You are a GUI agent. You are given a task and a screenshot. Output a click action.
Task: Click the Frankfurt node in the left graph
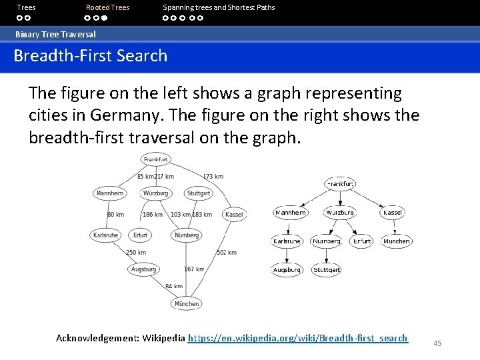click(x=156, y=159)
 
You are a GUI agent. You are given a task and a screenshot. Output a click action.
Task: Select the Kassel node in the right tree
click(x=393, y=213)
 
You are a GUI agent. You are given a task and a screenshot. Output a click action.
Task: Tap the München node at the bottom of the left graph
click(x=186, y=303)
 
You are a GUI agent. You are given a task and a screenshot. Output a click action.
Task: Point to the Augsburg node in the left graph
click(x=144, y=269)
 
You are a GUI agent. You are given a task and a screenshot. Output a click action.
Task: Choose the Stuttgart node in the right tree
click(x=327, y=270)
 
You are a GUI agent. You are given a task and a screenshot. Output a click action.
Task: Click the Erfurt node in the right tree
click(x=361, y=241)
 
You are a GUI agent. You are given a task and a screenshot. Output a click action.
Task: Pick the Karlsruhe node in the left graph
click(x=106, y=235)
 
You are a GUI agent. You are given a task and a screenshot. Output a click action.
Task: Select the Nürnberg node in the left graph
click(x=186, y=235)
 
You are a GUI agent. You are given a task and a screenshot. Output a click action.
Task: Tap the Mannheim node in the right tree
click(x=291, y=213)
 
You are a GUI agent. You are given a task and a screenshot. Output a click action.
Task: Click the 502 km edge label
click(x=227, y=253)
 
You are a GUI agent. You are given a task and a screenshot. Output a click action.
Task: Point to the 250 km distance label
click(x=136, y=253)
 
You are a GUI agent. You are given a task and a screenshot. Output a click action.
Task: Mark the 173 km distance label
click(x=213, y=177)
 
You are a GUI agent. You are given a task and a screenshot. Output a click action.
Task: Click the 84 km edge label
click(x=174, y=286)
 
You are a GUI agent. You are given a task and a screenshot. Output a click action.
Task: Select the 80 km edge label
click(x=115, y=215)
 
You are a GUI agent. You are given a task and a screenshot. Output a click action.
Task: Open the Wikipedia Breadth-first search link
click(x=298, y=338)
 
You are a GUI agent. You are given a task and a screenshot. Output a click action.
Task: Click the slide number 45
click(x=437, y=343)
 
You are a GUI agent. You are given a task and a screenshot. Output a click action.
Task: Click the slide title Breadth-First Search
click(x=91, y=55)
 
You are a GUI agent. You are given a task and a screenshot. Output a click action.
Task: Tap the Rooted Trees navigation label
click(x=107, y=7)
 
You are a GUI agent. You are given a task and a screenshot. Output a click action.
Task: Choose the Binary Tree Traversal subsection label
click(x=56, y=34)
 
